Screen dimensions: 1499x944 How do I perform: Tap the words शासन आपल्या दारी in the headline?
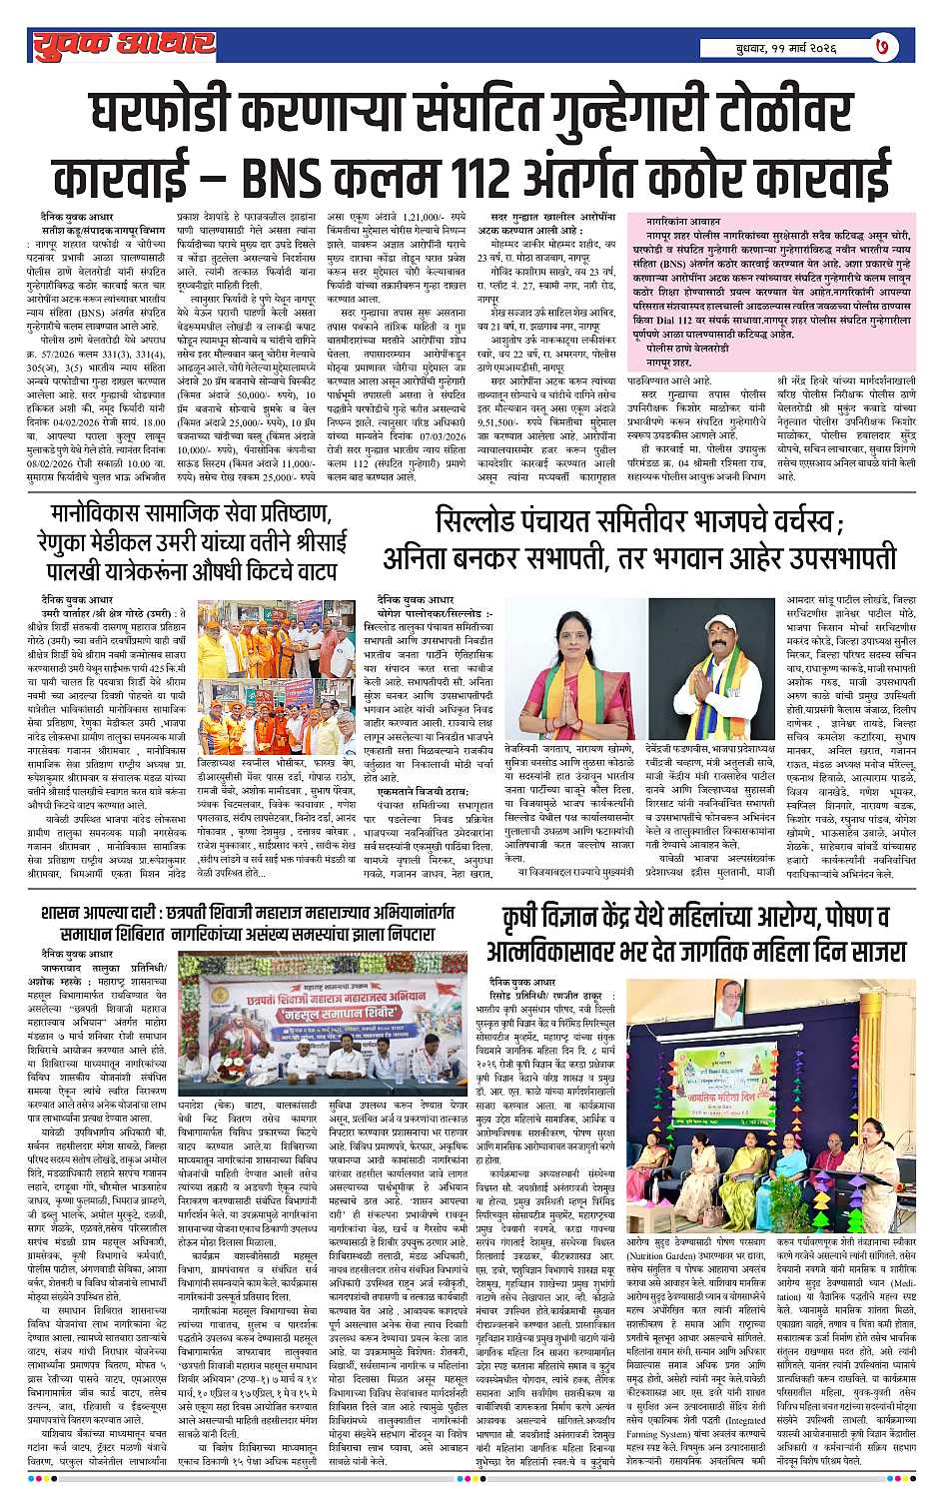point(98,914)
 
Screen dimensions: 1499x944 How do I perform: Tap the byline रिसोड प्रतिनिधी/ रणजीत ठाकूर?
point(554,999)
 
